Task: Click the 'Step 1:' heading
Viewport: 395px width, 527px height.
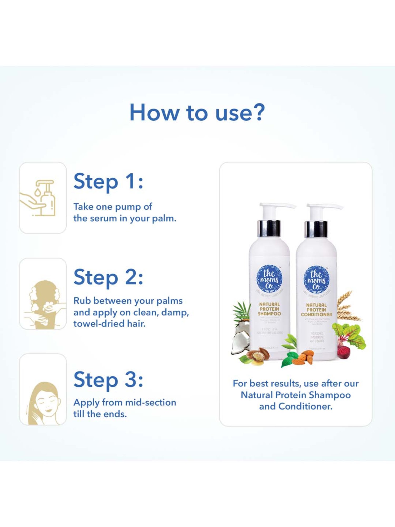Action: pyautogui.click(x=108, y=182)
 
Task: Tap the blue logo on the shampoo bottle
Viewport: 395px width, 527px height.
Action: pyautogui.click(x=269, y=279)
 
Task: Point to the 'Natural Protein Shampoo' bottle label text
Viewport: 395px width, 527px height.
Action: pyautogui.click(x=269, y=309)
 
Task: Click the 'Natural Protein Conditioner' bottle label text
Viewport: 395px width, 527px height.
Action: pyautogui.click(x=316, y=310)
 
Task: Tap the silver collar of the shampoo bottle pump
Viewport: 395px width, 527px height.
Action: pyautogui.click(x=269, y=228)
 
